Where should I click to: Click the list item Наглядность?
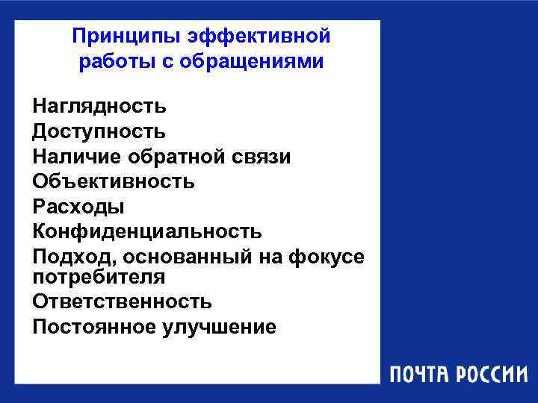pos(99,107)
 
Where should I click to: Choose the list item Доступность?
pos(99,131)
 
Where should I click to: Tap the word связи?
pos(262,156)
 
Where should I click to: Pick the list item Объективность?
pos(114,181)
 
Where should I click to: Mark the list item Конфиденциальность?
pos(146,230)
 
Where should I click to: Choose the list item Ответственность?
pos(122,302)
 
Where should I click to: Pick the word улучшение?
pos(219,327)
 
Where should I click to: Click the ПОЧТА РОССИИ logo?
pos(457,374)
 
